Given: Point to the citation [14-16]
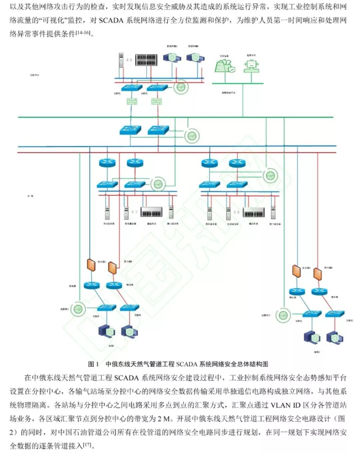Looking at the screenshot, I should coord(83,32).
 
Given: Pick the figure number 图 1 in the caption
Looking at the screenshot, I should coord(93,364).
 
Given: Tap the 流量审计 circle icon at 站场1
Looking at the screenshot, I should coord(78,309).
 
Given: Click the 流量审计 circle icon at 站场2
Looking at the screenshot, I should coord(283,315).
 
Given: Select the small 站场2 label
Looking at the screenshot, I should coord(317,352).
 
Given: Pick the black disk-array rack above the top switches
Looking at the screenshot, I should coord(146,60).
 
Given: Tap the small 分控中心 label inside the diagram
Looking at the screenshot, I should coord(34,75).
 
